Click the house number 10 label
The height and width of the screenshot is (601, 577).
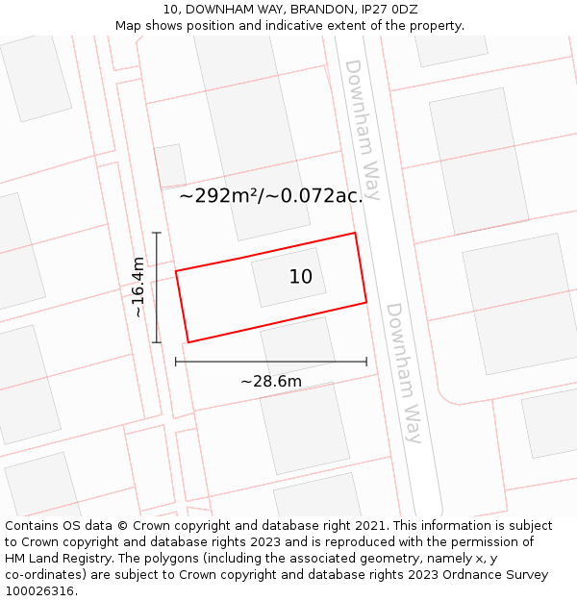[301, 277]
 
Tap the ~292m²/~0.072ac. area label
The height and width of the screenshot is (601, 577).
[271, 195]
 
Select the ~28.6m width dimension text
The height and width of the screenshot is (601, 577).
[271, 382]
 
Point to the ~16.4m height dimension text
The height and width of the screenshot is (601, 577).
[138, 288]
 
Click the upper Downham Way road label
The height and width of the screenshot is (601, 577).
[362, 130]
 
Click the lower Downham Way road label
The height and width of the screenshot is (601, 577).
[404, 372]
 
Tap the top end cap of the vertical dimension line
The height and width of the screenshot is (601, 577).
[157, 233]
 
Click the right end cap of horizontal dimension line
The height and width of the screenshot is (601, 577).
[366, 362]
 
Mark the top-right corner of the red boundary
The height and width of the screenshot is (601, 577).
[355, 233]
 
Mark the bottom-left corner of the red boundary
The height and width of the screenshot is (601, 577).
[188, 341]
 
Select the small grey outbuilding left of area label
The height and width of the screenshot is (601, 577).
[170, 165]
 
